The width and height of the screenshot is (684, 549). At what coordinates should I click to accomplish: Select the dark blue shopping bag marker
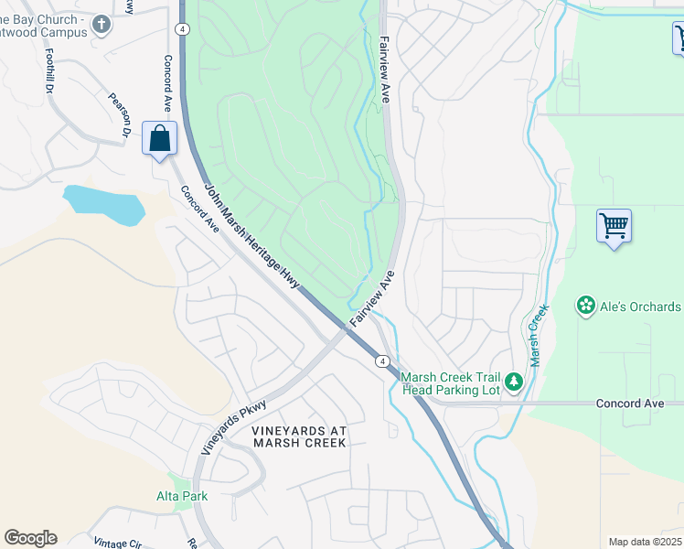click(x=160, y=140)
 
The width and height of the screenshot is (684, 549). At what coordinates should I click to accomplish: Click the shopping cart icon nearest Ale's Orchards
click(x=614, y=225)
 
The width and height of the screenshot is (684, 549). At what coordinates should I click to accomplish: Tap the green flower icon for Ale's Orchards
click(x=585, y=306)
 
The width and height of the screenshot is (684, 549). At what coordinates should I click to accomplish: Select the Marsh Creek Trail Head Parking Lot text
click(x=452, y=383)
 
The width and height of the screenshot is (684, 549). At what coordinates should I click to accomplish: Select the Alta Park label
click(x=181, y=496)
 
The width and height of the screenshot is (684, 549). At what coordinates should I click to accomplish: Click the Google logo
click(x=30, y=538)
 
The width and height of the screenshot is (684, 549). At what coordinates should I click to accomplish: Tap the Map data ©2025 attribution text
click(x=644, y=542)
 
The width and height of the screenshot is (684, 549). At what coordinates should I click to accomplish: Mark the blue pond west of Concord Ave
click(x=104, y=202)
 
